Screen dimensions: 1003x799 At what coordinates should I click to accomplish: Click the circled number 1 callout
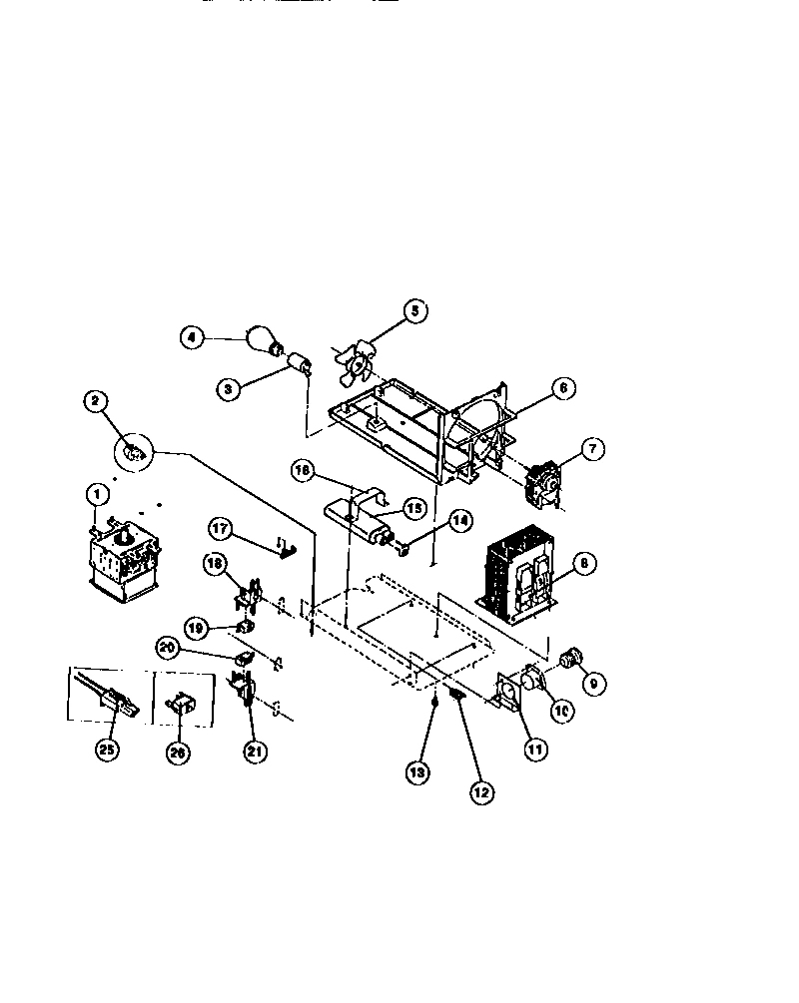coord(97,493)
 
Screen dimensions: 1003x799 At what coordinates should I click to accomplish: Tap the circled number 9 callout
coord(593,685)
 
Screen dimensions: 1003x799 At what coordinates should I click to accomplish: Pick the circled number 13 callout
coord(419,772)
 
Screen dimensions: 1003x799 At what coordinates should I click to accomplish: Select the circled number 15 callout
coord(413,508)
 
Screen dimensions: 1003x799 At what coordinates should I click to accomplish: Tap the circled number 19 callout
coord(196,628)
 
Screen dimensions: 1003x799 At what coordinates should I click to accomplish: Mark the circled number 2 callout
coord(95,401)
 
